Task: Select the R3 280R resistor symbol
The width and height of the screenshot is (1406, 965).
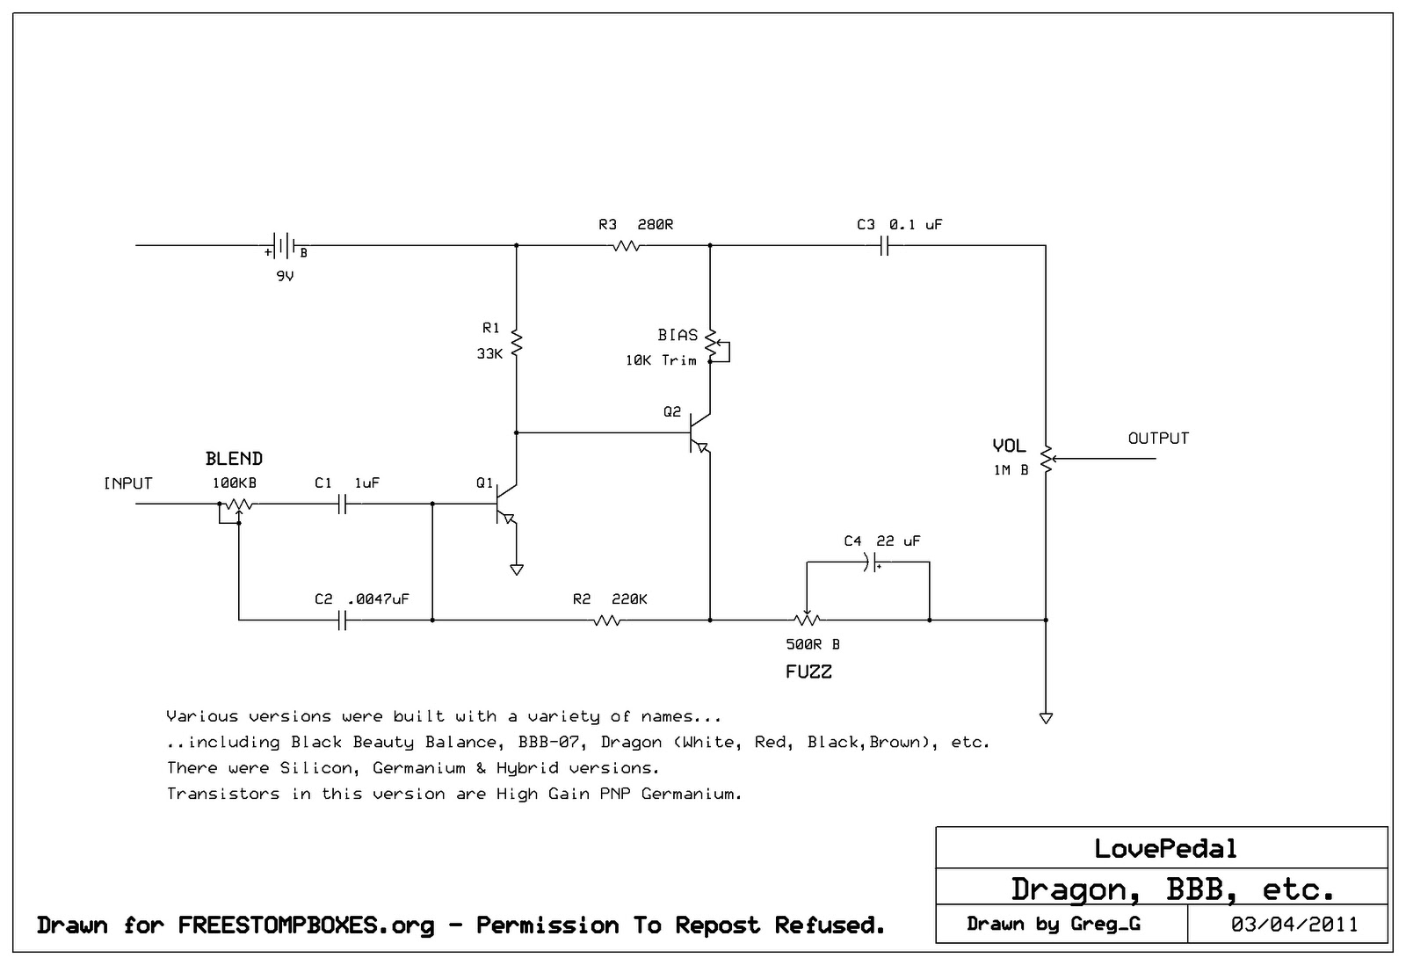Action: point(626,247)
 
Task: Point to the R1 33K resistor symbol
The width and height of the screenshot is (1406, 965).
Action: point(517,342)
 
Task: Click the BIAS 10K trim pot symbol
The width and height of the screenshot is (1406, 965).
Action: point(712,345)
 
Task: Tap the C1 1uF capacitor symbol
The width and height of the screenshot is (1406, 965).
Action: point(344,504)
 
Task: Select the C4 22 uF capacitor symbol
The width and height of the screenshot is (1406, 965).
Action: point(872,563)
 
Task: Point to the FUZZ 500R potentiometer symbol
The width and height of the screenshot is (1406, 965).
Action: point(807,620)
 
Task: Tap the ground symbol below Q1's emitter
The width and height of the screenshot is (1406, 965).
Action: point(517,570)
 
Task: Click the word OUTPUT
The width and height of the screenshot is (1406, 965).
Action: point(1158,439)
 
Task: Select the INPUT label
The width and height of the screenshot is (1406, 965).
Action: point(128,483)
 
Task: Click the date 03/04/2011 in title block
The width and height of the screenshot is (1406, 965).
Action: point(1294,925)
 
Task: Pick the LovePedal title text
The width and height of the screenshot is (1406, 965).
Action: point(1165,849)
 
